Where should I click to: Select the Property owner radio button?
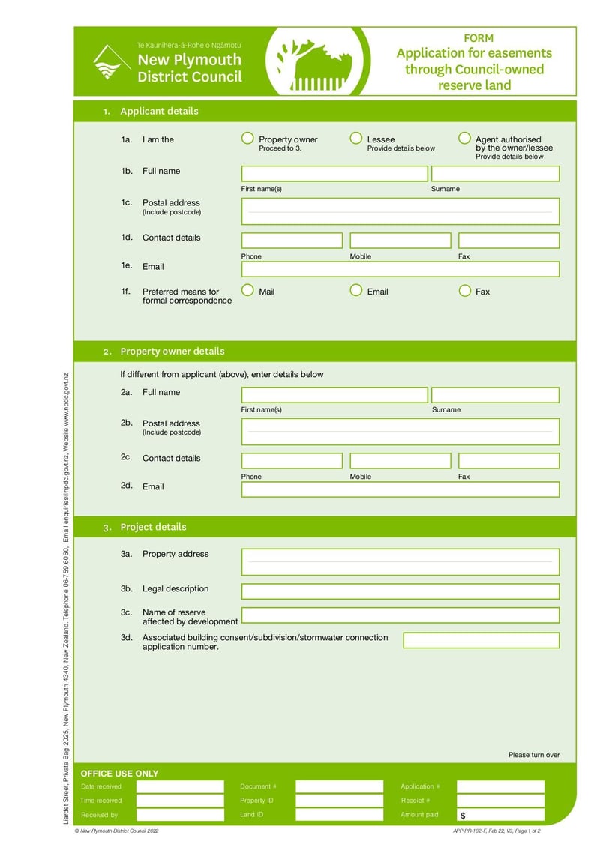(247, 139)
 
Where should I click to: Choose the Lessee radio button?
(356, 139)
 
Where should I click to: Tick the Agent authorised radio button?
(464, 139)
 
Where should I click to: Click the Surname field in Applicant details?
(495, 174)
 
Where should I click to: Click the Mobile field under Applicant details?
(400, 241)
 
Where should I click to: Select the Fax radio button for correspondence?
(464, 291)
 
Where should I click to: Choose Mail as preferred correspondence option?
(247, 291)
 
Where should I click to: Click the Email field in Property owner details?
(400, 489)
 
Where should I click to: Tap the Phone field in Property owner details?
(292, 461)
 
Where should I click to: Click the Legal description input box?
(400, 591)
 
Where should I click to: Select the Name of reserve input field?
(400, 615)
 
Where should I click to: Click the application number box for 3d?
(481, 640)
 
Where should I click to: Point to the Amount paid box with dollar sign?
(500, 815)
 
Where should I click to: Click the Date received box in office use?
(180, 786)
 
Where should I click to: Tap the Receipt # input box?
(500, 801)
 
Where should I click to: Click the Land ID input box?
(339, 815)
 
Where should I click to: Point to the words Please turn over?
(533, 755)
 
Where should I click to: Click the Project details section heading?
(153, 527)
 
